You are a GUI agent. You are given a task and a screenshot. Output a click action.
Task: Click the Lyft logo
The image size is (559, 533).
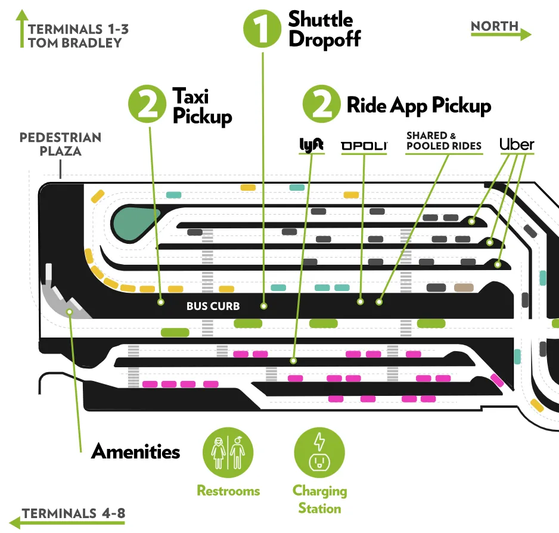tap(310, 145)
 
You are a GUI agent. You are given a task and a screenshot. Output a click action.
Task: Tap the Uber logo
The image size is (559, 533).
tap(516, 144)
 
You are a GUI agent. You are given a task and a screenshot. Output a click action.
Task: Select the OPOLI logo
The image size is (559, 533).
tap(364, 145)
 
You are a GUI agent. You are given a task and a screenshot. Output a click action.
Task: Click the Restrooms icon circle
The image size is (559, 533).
tap(228, 451)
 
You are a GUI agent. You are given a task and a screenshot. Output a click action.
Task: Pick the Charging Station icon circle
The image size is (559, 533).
tap(319, 451)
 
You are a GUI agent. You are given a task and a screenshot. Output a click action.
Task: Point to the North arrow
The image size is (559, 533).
tap(501, 33)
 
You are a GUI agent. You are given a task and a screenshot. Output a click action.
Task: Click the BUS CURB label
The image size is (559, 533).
tap(213, 306)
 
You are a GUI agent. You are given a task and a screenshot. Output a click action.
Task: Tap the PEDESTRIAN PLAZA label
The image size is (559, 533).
tap(60, 144)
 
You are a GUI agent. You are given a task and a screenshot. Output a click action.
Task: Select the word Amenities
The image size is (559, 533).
tap(135, 451)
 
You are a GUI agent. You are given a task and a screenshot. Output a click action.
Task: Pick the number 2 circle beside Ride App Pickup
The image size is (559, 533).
tap(322, 106)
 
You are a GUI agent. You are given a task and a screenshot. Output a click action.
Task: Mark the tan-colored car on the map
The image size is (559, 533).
tap(463, 288)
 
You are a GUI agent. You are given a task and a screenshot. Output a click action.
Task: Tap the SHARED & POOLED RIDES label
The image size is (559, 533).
tap(443, 141)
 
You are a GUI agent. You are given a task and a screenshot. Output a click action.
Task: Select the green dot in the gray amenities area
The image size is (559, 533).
tap(70, 311)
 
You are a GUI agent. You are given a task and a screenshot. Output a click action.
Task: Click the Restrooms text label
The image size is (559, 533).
tap(228, 491)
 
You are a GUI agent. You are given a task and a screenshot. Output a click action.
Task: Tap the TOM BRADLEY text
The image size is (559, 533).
tap(74, 42)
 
